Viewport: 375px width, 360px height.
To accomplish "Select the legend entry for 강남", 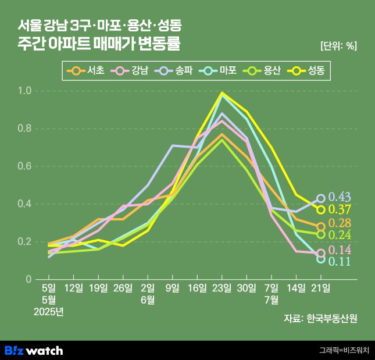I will (x=131, y=72).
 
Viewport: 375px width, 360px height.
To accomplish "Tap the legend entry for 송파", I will (x=175, y=72).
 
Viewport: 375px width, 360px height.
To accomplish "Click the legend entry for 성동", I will (x=308, y=72).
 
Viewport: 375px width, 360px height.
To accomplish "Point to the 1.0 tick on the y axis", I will (x=24, y=91).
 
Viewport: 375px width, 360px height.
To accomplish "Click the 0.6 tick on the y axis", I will (x=24, y=166).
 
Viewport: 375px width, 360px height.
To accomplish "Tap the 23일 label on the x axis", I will (x=222, y=288).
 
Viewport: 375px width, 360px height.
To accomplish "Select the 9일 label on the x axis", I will (x=172, y=288).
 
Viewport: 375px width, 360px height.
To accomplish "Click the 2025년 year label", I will (x=49, y=312).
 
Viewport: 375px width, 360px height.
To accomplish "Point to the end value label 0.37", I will (x=340, y=210).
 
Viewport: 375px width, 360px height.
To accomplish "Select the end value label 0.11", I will (x=340, y=262).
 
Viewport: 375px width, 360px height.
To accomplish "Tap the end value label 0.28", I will (x=340, y=224).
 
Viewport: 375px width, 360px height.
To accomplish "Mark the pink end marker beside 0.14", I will (x=321, y=253).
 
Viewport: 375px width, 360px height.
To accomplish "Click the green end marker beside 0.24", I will (x=321, y=234).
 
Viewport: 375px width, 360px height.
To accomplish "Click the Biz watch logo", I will (x=34, y=350).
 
